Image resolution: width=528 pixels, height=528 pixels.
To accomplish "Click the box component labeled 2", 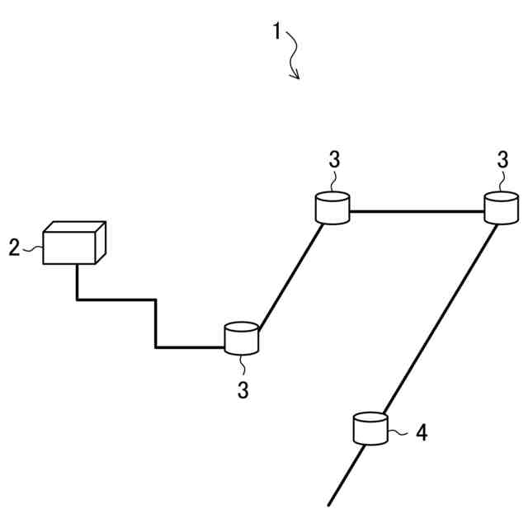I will point(73,246).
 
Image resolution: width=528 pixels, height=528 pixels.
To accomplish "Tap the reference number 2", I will point(14,247).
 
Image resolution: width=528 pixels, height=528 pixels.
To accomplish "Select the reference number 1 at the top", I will point(277,32).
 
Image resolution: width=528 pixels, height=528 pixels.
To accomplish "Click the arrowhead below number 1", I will point(296,77).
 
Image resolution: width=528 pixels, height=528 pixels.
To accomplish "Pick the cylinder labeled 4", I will point(370,428).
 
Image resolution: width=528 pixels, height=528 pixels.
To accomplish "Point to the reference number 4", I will point(421,432).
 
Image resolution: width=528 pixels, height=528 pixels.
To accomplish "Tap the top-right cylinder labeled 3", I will point(501,208).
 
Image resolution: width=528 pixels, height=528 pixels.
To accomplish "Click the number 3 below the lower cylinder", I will point(243,390).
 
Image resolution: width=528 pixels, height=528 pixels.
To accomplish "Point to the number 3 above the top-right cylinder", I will point(502,160).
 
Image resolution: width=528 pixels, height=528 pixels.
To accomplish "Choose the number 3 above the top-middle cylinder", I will point(334,160).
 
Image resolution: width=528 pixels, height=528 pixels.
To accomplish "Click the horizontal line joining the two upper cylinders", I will point(417,212).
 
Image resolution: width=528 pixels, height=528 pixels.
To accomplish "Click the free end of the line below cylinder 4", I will point(329,502).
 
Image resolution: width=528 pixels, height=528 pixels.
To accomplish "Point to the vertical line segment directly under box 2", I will point(77,281).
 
